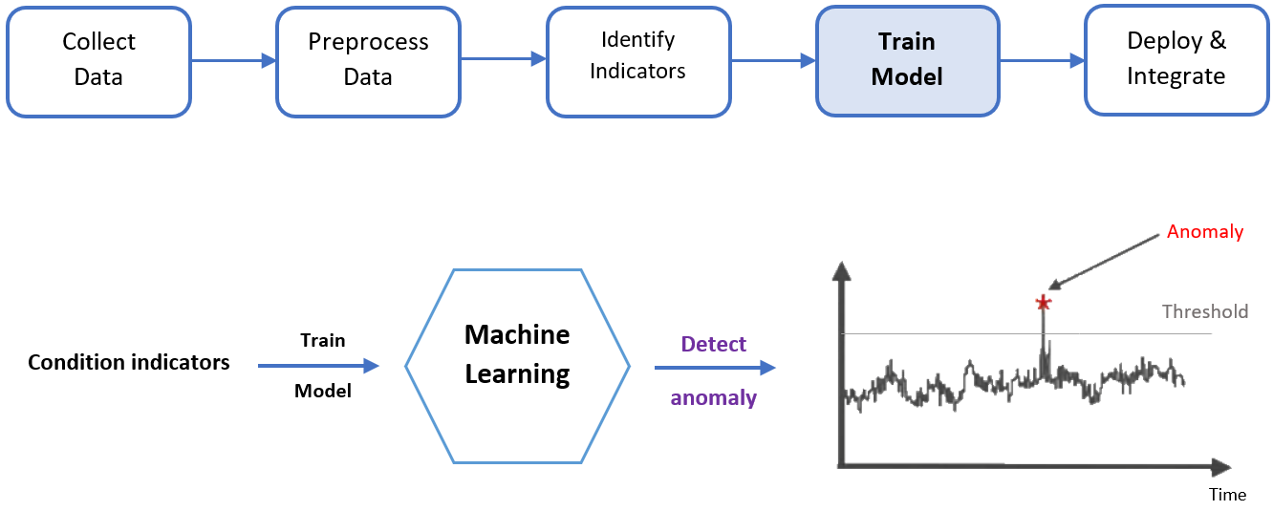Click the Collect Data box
click(x=98, y=59)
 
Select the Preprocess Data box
click(x=368, y=59)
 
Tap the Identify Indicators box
click(x=637, y=59)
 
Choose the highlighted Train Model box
click(x=907, y=59)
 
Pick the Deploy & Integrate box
click(x=1176, y=59)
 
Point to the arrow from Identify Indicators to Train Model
click(x=773, y=60)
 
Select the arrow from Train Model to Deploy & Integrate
click(x=1042, y=60)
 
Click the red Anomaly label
click(x=1205, y=232)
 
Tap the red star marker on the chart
click(x=1043, y=304)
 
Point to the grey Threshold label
click(x=1204, y=311)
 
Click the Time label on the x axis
click(x=1227, y=494)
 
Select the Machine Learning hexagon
click(x=517, y=366)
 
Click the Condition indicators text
click(x=129, y=363)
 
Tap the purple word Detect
click(x=714, y=344)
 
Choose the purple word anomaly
click(x=714, y=397)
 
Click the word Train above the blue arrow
click(x=322, y=340)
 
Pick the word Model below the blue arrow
click(x=322, y=391)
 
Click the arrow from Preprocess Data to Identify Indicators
click(x=504, y=60)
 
